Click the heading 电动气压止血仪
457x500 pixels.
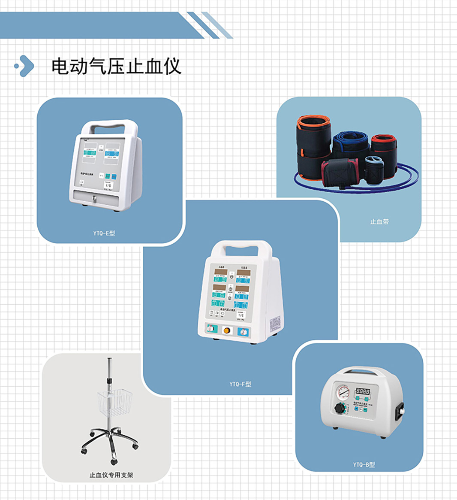pos(116,67)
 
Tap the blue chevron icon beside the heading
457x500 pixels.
pos(25,66)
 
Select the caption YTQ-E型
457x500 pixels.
pos(104,233)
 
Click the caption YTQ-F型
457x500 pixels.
pos(240,384)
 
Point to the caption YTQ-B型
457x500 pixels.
pos(364,464)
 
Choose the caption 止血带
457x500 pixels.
pos(379,222)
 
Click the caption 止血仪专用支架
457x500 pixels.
pos(111,475)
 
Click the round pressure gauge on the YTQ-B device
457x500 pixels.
pos(343,392)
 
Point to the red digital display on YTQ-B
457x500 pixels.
pos(363,391)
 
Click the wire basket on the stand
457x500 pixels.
pos(114,401)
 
